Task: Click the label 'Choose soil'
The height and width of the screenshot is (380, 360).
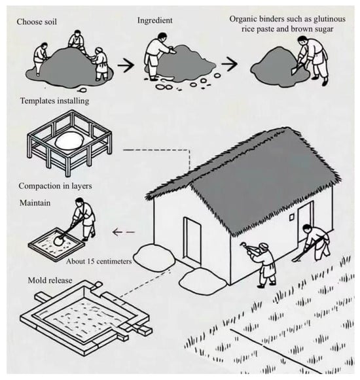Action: tap(37, 22)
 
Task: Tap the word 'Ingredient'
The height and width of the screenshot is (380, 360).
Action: tap(154, 20)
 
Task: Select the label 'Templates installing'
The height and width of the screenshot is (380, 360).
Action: tap(54, 101)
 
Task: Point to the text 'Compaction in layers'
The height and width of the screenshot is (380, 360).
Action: tap(56, 186)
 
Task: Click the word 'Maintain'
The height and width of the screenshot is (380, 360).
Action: tap(35, 203)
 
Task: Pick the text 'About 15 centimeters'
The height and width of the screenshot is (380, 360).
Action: tap(99, 261)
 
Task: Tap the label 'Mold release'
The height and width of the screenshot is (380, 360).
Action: tap(50, 280)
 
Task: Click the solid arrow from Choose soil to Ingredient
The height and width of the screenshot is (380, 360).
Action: tap(126, 65)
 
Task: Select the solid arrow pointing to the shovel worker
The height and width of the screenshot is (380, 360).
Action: tap(230, 64)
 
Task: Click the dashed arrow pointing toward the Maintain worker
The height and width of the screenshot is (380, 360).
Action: tap(124, 232)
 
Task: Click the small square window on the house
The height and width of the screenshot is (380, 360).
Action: tap(291, 217)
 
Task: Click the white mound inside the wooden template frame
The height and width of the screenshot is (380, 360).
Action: tap(69, 140)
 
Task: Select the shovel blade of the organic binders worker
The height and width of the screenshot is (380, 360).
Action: tap(294, 70)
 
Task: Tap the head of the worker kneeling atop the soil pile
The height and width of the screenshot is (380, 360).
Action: tap(77, 33)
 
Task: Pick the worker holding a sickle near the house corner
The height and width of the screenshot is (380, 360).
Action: tap(262, 264)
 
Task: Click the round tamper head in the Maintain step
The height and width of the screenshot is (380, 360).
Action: tap(58, 241)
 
